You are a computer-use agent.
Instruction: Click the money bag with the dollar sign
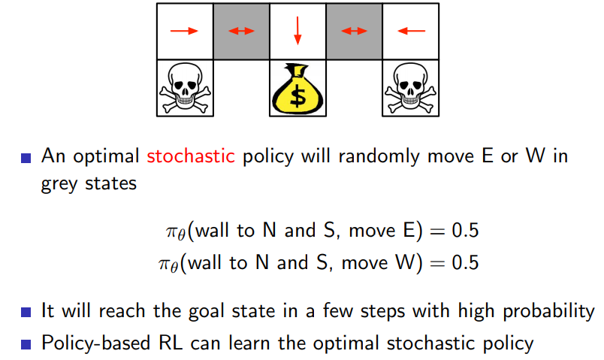(297, 89)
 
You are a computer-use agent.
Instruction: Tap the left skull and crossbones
(184, 89)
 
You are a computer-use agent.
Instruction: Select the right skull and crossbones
(411, 89)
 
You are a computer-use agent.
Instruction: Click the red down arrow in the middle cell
(297, 30)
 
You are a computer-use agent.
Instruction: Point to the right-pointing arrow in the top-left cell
(184, 31)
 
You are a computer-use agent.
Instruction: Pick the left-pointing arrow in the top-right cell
(411, 31)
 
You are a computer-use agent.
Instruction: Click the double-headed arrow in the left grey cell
(241, 31)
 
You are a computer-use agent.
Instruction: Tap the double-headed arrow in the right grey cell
(354, 31)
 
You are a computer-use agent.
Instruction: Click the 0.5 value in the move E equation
(463, 230)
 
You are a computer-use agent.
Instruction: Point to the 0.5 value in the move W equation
(463, 262)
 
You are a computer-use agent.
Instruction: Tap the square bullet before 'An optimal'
(26, 158)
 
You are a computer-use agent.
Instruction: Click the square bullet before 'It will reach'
(26, 312)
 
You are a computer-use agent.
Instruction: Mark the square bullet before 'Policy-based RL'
(26, 344)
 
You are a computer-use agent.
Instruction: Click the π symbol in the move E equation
(171, 231)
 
